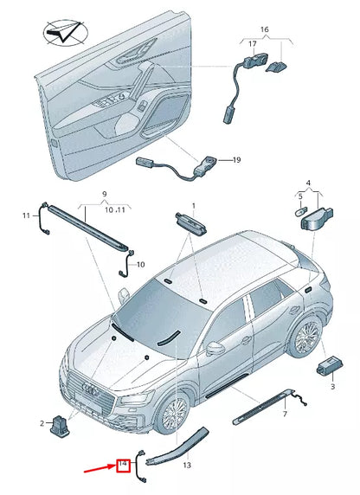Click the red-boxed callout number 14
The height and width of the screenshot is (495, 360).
coord(123,466)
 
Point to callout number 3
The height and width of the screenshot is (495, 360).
coord(331,387)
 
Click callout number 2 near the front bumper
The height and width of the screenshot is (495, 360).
coord(40,422)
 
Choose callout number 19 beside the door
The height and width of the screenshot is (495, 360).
coord(236,160)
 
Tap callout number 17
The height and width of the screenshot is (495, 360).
coord(253,42)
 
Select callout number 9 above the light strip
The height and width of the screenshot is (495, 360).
coord(104,196)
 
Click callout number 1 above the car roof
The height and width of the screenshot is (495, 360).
coord(194,205)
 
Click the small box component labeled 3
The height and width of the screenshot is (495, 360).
coord(329,365)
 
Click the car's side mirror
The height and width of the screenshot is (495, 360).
coord(211,350)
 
